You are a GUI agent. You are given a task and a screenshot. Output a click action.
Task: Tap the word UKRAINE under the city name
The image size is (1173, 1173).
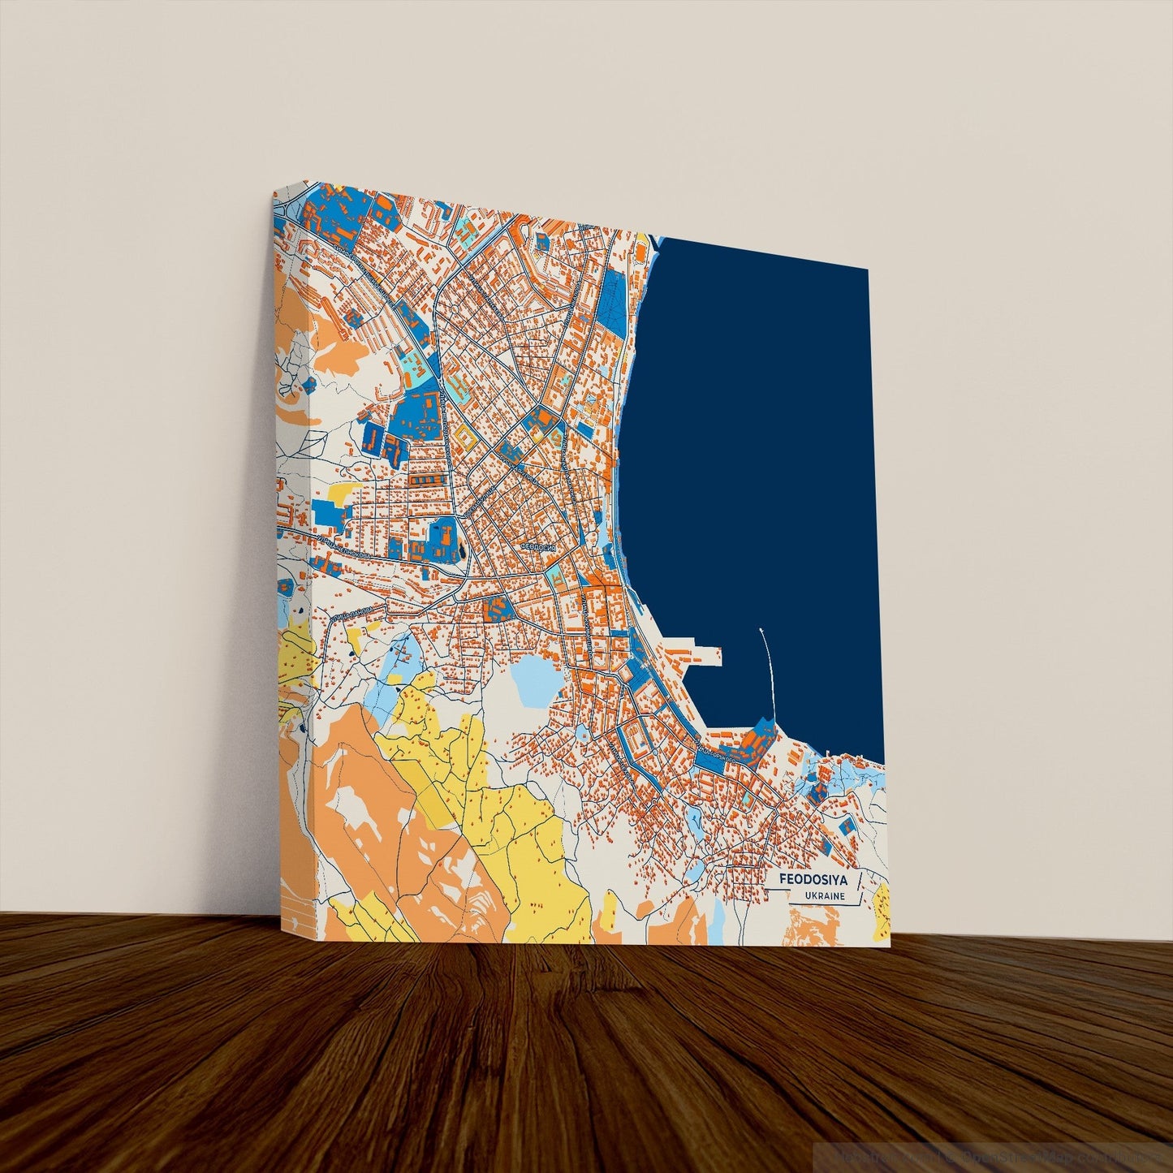coord(824,896)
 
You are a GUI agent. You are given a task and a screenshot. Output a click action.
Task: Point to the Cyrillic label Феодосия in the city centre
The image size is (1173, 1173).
coord(538,547)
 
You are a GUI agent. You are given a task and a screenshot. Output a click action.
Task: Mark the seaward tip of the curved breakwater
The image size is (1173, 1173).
coord(761,629)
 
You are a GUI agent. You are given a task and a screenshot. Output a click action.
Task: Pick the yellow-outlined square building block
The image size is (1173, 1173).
coord(467,438)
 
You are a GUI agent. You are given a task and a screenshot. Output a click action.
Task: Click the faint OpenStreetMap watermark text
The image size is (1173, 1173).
coord(990,1153)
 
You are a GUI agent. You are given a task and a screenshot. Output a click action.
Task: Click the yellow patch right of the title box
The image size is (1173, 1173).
coord(882,901)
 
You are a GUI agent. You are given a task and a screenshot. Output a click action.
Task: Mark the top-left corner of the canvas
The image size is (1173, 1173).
coord(274,193)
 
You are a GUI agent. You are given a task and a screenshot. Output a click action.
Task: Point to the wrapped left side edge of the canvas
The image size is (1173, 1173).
coord(292,568)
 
